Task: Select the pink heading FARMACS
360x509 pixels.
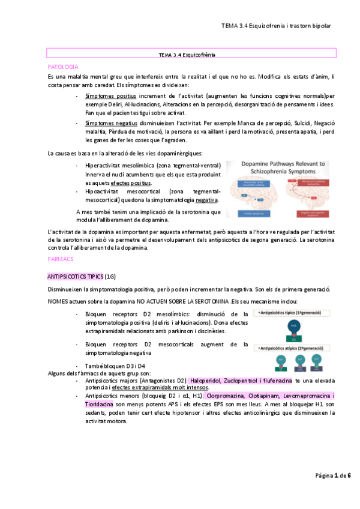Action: point(61,259)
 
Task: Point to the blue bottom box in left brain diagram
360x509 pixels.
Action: point(251,213)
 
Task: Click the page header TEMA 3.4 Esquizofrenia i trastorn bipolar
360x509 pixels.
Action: point(276,26)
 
